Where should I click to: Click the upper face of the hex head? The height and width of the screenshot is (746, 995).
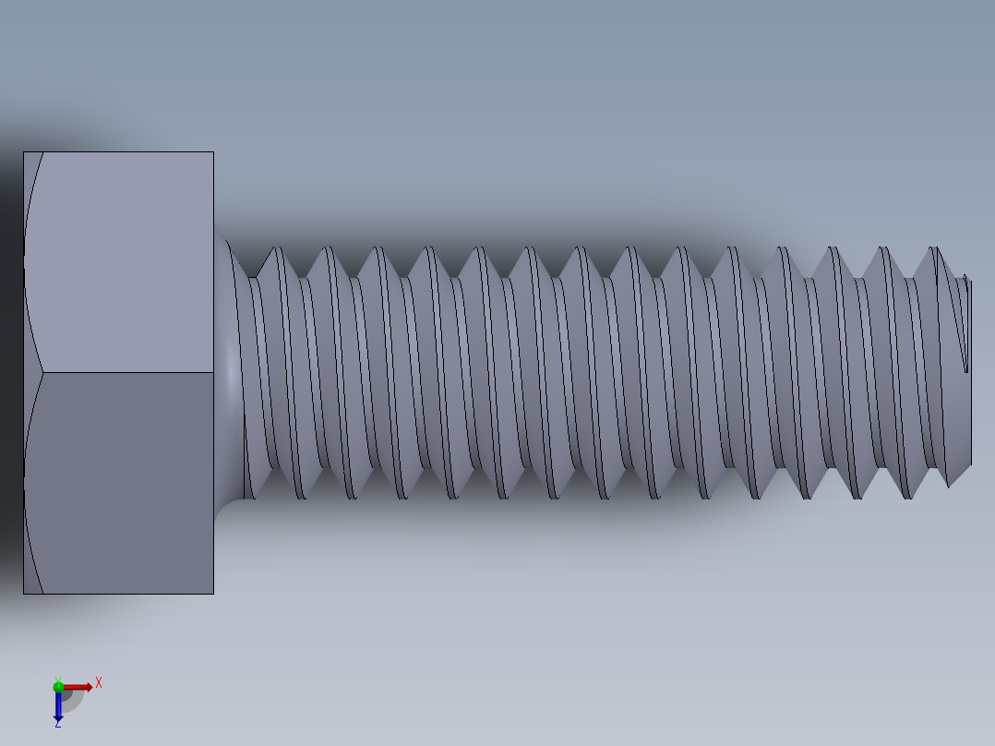(125, 262)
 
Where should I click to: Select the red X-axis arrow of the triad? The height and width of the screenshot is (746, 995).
(79, 686)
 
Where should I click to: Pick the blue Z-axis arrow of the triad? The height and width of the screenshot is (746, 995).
(58, 705)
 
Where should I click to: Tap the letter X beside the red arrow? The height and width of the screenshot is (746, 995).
(99, 683)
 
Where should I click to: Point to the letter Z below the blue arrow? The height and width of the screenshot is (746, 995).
(58, 724)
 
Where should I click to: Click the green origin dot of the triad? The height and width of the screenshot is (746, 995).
(58, 685)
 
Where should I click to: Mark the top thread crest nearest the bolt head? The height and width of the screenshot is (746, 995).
(273, 249)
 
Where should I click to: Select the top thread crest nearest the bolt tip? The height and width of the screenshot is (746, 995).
(934, 249)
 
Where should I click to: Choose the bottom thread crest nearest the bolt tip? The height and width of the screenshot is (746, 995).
(949, 484)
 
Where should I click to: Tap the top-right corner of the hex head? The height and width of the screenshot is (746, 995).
(213, 152)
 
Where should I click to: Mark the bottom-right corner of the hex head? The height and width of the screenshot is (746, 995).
(213, 593)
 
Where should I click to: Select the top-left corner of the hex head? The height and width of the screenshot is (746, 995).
(24, 152)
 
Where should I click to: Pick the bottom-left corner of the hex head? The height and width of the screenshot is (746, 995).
(24, 593)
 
